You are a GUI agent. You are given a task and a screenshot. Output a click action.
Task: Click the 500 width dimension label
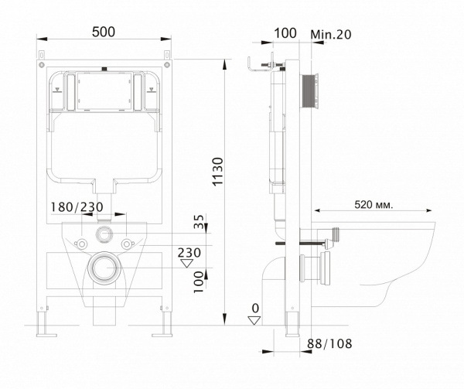tap(104, 32)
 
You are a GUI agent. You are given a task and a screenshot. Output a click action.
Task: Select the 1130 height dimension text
tap(218, 172)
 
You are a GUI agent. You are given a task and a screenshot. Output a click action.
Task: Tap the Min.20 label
tap(331, 35)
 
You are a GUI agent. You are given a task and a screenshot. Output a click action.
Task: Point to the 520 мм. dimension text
tap(374, 204)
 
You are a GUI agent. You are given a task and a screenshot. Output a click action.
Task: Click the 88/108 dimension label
tap(329, 343)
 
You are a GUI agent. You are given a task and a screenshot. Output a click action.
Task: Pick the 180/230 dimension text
tap(77, 207)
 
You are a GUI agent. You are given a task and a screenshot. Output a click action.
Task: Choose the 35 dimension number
tap(199, 221)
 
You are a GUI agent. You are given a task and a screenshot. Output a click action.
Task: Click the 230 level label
tap(189, 253)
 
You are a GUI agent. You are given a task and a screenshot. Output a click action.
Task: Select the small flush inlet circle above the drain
tap(104, 234)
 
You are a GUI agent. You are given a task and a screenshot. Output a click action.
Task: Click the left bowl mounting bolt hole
tap(81, 244)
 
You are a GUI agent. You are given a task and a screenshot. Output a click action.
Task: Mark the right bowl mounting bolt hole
tap(126, 244)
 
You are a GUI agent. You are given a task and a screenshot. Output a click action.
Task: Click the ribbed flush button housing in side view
tap(309, 92)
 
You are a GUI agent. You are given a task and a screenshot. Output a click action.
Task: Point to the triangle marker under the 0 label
tap(254, 320)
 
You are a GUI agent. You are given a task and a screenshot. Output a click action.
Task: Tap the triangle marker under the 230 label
tap(187, 263)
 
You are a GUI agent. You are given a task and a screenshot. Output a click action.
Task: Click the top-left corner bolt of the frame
tap(41, 64)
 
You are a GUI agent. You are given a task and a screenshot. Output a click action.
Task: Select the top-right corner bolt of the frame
tap(167, 64)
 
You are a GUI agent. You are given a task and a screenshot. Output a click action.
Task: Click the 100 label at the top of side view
tap(285, 33)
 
